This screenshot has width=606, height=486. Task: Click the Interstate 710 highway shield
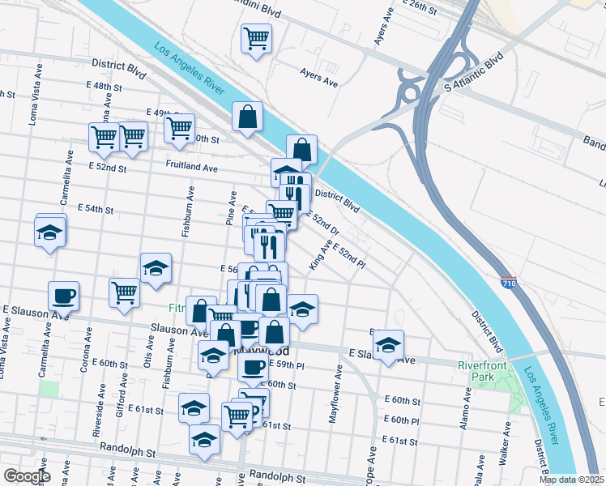[x=508, y=283]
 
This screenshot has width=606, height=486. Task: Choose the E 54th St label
[x=95, y=209]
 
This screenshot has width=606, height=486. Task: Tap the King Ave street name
[x=320, y=254]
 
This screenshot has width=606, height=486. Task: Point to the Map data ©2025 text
[x=571, y=480]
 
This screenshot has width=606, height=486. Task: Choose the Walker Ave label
[x=505, y=449]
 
